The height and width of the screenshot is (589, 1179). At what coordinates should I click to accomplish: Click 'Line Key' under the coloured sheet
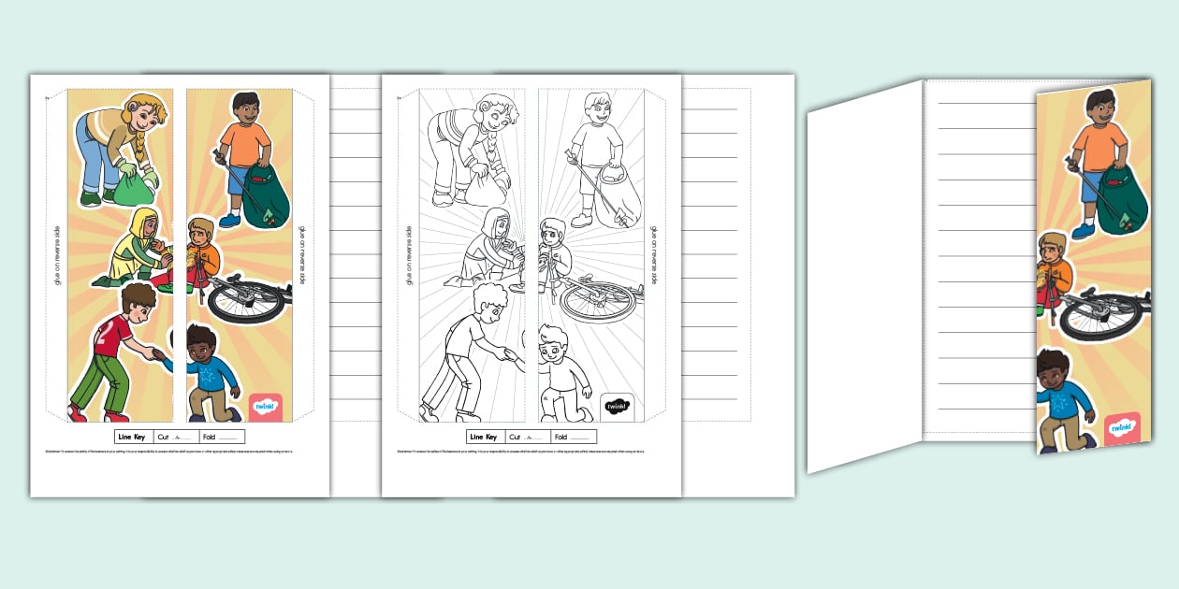[x=132, y=437]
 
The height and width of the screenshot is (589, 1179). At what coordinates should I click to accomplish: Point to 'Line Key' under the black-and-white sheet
[x=484, y=437]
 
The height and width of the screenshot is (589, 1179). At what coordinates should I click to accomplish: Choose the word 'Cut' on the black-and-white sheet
[x=516, y=437]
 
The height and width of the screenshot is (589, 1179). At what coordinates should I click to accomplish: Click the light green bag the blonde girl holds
[x=131, y=186]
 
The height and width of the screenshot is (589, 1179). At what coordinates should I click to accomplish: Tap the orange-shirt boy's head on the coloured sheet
[x=245, y=107]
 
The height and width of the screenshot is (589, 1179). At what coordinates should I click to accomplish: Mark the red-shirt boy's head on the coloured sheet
[x=138, y=301]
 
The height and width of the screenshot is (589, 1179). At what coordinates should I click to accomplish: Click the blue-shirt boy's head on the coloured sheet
[x=202, y=343]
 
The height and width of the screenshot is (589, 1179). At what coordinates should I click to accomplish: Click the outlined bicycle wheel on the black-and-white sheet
[x=597, y=301]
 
